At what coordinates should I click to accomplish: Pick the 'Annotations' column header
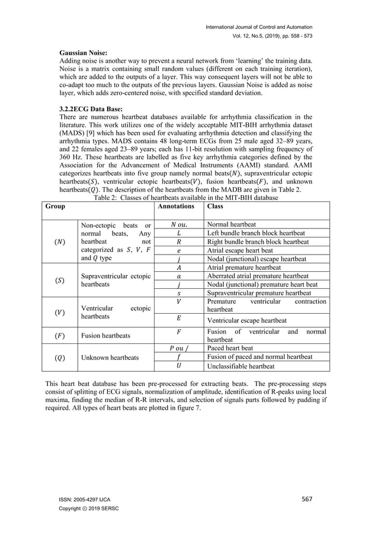pyautogui.click(x=178, y=207)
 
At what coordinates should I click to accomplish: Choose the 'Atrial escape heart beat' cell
pyautogui.click(x=240, y=250)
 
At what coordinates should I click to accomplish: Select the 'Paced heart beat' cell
pyautogui.click(x=229, y=348)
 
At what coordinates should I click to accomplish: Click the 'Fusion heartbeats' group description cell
pyautogui.click(x=107, y=336)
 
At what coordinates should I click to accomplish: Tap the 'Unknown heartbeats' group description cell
pyautogui.click(x=109, y=358)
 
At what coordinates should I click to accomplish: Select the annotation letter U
pyautogui.click(x=178, y=366)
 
